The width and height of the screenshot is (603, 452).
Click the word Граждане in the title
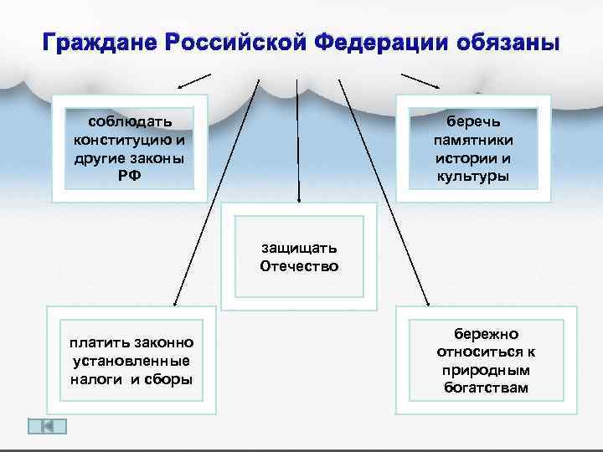click(97, 42)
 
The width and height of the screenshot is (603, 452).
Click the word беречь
click(473, 123)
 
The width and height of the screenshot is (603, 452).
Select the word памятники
click(473, 141)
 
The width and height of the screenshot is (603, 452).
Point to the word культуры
click(473, 176)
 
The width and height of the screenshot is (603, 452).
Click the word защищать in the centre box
click(299, 249)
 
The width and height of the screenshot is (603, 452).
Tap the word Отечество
click(299, 267)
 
